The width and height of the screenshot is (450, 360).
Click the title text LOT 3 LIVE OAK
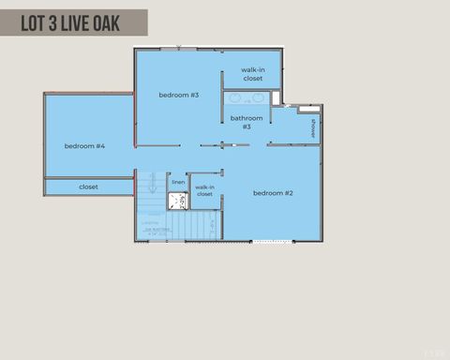pyautogui.click(x=70, y=23)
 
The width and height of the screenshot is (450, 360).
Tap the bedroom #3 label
pyautogui.click(x=178, y=95)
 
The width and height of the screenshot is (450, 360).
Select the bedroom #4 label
pyautogui.click(x=84, y=146)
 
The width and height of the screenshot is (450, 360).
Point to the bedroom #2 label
pyautogui.click(x=273, y=193)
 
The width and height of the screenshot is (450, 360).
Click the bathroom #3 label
pyautogui.click(x=247, y=122)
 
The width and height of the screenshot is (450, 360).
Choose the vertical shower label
pyautogui.click(x=312, y=128)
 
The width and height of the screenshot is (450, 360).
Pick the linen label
pyautogui.click(x=177, y=182)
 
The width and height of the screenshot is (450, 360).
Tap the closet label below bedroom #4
pyautogui.click(x=88, y=187)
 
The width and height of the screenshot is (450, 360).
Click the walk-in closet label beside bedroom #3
pyautogui.click(x=252, y=74)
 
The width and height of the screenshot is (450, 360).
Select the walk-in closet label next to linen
pyautogui.click(x=204, y=191)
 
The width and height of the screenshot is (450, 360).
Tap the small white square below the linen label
pyautogui.click(x=177, y=200)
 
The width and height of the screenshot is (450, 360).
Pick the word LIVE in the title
pyautogui.click(x=74, y=23)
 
